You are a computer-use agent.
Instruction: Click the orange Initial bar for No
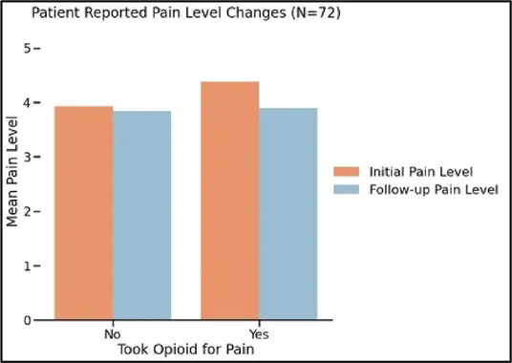84,213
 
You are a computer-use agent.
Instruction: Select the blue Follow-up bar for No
142,215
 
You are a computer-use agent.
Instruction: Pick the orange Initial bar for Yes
230,201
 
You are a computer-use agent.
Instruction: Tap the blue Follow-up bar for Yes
288,214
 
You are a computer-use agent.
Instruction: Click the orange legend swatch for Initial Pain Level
346,172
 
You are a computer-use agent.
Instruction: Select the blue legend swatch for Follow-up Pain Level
346,190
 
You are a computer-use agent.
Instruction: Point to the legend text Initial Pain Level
421,172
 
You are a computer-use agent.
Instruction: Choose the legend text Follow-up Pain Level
434,190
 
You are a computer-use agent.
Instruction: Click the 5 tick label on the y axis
27,49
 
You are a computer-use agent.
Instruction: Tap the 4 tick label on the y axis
27,103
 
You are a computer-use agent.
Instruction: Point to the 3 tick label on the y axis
27,157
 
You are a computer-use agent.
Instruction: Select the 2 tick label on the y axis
27,211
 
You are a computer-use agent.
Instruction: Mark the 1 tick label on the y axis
27,267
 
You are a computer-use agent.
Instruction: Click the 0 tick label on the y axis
27,320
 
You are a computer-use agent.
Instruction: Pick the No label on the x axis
113,334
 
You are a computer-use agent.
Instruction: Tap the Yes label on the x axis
259,334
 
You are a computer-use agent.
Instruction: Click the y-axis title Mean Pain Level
11,171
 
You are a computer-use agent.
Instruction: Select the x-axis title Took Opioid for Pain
186,350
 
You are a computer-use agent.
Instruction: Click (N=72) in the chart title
315,12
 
